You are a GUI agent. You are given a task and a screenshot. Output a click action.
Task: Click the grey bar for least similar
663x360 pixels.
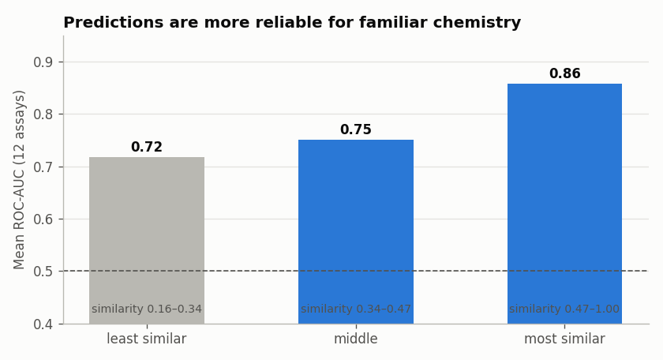[x=147, y=241]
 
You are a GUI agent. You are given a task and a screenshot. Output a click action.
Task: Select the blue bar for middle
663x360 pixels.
[x=356, y=232]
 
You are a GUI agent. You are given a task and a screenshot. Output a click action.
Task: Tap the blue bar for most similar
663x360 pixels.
[x=565, y=204]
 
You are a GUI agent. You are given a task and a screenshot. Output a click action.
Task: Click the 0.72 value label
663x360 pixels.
[x=147, y=147]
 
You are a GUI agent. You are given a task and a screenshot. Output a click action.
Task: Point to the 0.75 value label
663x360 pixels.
[x=356, y=129]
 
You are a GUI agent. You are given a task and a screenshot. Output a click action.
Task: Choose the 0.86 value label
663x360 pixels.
[x=565, y=73]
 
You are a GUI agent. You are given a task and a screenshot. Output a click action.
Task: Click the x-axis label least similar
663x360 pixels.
[x=147, y=339]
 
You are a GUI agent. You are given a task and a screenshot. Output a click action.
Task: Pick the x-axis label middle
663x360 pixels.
[x=356, y=339]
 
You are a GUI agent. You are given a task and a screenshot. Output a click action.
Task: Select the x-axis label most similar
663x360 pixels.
[x=565, y=339]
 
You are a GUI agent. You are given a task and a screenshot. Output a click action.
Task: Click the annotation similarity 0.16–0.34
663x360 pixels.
[x=147, y=309]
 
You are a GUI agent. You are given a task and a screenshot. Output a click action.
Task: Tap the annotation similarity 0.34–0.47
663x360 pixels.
[x=356, y=309]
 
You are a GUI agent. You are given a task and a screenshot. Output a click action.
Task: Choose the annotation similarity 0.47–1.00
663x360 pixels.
[x=564, y=309]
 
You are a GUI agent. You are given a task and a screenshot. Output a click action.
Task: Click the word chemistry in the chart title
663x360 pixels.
[x=477, y=22]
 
